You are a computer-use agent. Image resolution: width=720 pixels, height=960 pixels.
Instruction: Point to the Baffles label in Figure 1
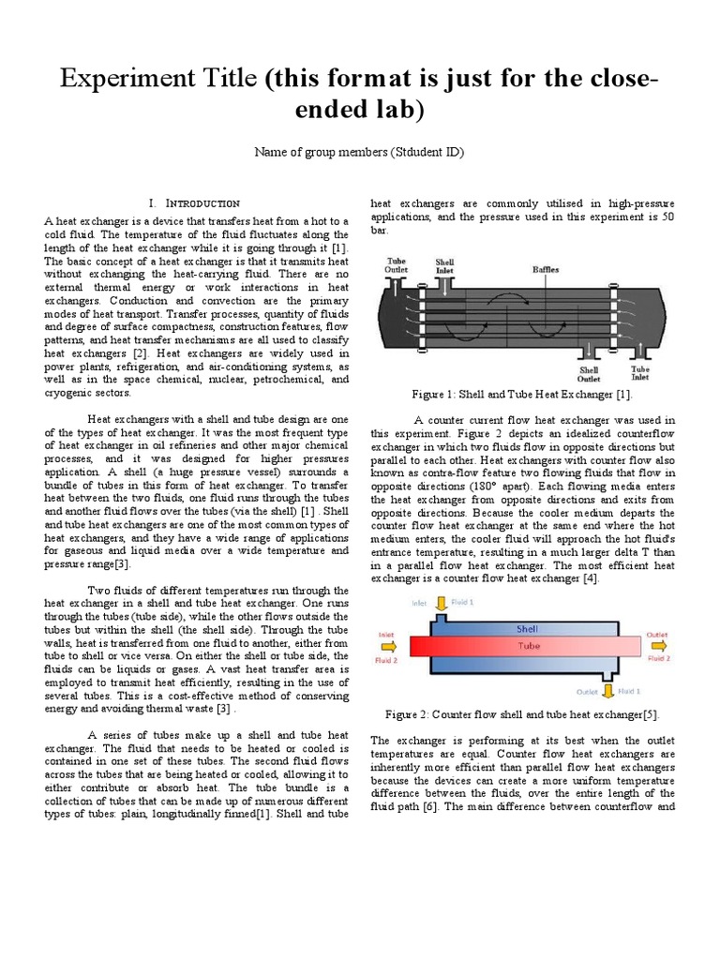pos(547,268)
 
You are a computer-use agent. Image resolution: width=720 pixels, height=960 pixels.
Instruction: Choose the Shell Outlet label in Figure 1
pos(589,375)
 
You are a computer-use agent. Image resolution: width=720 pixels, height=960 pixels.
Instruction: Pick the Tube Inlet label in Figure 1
pos(640,375)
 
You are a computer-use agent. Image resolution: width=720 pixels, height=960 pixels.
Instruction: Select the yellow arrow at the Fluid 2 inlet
pos(389,646)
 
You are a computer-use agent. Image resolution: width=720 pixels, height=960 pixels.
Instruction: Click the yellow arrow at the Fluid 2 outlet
pos(660,646)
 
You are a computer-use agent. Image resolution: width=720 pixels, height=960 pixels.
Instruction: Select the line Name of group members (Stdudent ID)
pos(359,152)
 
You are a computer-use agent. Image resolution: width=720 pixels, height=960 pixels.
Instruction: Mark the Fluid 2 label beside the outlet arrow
pos(659,659)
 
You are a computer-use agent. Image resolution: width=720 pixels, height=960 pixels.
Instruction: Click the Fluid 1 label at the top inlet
pos(464,602)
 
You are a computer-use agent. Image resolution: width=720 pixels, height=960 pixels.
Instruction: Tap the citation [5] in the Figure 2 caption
pos(651,716)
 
